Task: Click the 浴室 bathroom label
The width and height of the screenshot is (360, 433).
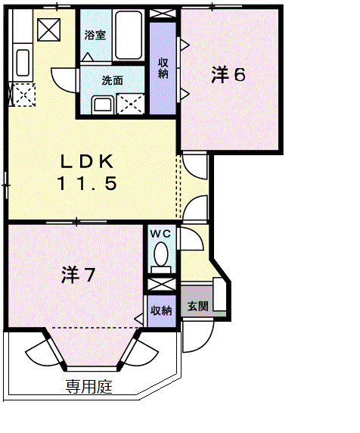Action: pyautogui.click(x=95, y=36)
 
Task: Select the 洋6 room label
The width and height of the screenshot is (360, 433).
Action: pyautogui.click(x=228, y=74)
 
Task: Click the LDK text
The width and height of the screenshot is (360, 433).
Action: pyautogui.click(x=88, y=161)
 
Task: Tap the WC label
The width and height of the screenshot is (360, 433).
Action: pyautogui.click(x=161, y=234)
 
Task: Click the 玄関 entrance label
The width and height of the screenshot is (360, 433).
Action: pyautogui.click(x=199, y=307)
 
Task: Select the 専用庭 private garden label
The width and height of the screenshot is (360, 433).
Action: pyautogui.click(x=88, y=388)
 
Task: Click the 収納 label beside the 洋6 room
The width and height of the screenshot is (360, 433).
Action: pyautogui.click(x=163, y=67)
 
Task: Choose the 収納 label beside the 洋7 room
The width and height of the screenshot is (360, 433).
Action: pyautogui.click(x=160, y=310)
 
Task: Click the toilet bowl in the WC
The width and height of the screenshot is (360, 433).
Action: pyautogui.click(x=160, y=259)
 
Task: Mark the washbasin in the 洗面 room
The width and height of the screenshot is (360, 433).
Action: pyautogui.click(x=101, y=103)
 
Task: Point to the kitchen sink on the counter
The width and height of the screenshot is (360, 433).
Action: pyautogui.click(x=23, y=62)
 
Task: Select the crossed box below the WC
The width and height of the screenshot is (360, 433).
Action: pyautogui.click(x=161, y=285)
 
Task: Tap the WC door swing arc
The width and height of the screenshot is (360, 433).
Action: pyautogui.click(x=189, y=241)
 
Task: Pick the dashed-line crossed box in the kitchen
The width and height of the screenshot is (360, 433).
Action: pyautogui.click(x=23, y=95)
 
